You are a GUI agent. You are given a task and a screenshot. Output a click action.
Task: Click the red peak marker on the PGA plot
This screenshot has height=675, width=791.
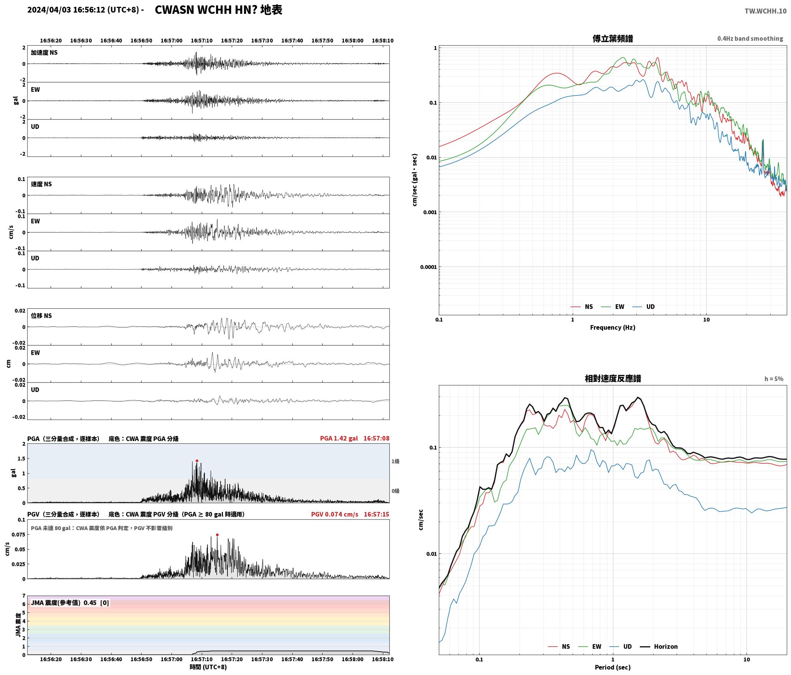pos(197,461)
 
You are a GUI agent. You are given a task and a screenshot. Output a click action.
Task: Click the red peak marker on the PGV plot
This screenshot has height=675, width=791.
pos(217,535)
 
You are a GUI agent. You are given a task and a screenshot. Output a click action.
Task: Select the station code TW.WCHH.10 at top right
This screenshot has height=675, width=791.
pos(765,11)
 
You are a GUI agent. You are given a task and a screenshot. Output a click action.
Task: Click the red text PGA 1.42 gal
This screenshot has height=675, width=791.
pos(339,438)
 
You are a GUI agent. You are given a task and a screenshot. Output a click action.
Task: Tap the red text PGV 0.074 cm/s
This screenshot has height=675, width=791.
pos(335,514)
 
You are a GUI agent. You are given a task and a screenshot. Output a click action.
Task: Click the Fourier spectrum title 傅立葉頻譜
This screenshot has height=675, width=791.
pos(613,38)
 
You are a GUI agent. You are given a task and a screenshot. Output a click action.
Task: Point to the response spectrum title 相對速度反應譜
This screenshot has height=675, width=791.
pos(613,379)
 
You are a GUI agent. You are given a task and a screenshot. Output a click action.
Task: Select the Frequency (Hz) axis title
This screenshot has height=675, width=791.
pos(613,328)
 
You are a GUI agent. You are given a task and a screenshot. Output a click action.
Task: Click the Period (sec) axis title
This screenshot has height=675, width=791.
pos(613,667)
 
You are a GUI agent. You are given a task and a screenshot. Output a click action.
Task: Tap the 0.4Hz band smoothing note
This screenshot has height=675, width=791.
pos(750,39)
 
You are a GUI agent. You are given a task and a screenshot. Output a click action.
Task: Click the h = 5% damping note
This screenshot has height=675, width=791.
pos(774,379)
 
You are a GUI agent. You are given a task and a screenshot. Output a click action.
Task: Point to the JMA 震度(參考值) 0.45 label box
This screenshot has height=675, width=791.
pos(70,603)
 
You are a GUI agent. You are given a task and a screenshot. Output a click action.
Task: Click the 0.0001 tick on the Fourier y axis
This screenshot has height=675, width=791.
pos(428,267)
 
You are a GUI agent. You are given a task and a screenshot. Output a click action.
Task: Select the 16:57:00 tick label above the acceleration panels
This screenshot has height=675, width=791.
pos(171,41)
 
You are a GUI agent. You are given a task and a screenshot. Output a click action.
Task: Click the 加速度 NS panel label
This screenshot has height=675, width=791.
pos(44,53)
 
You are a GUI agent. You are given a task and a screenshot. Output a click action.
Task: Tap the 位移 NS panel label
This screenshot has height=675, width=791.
pos(41,316)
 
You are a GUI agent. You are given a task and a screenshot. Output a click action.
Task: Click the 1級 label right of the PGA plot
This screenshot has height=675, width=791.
pos(395,461)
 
